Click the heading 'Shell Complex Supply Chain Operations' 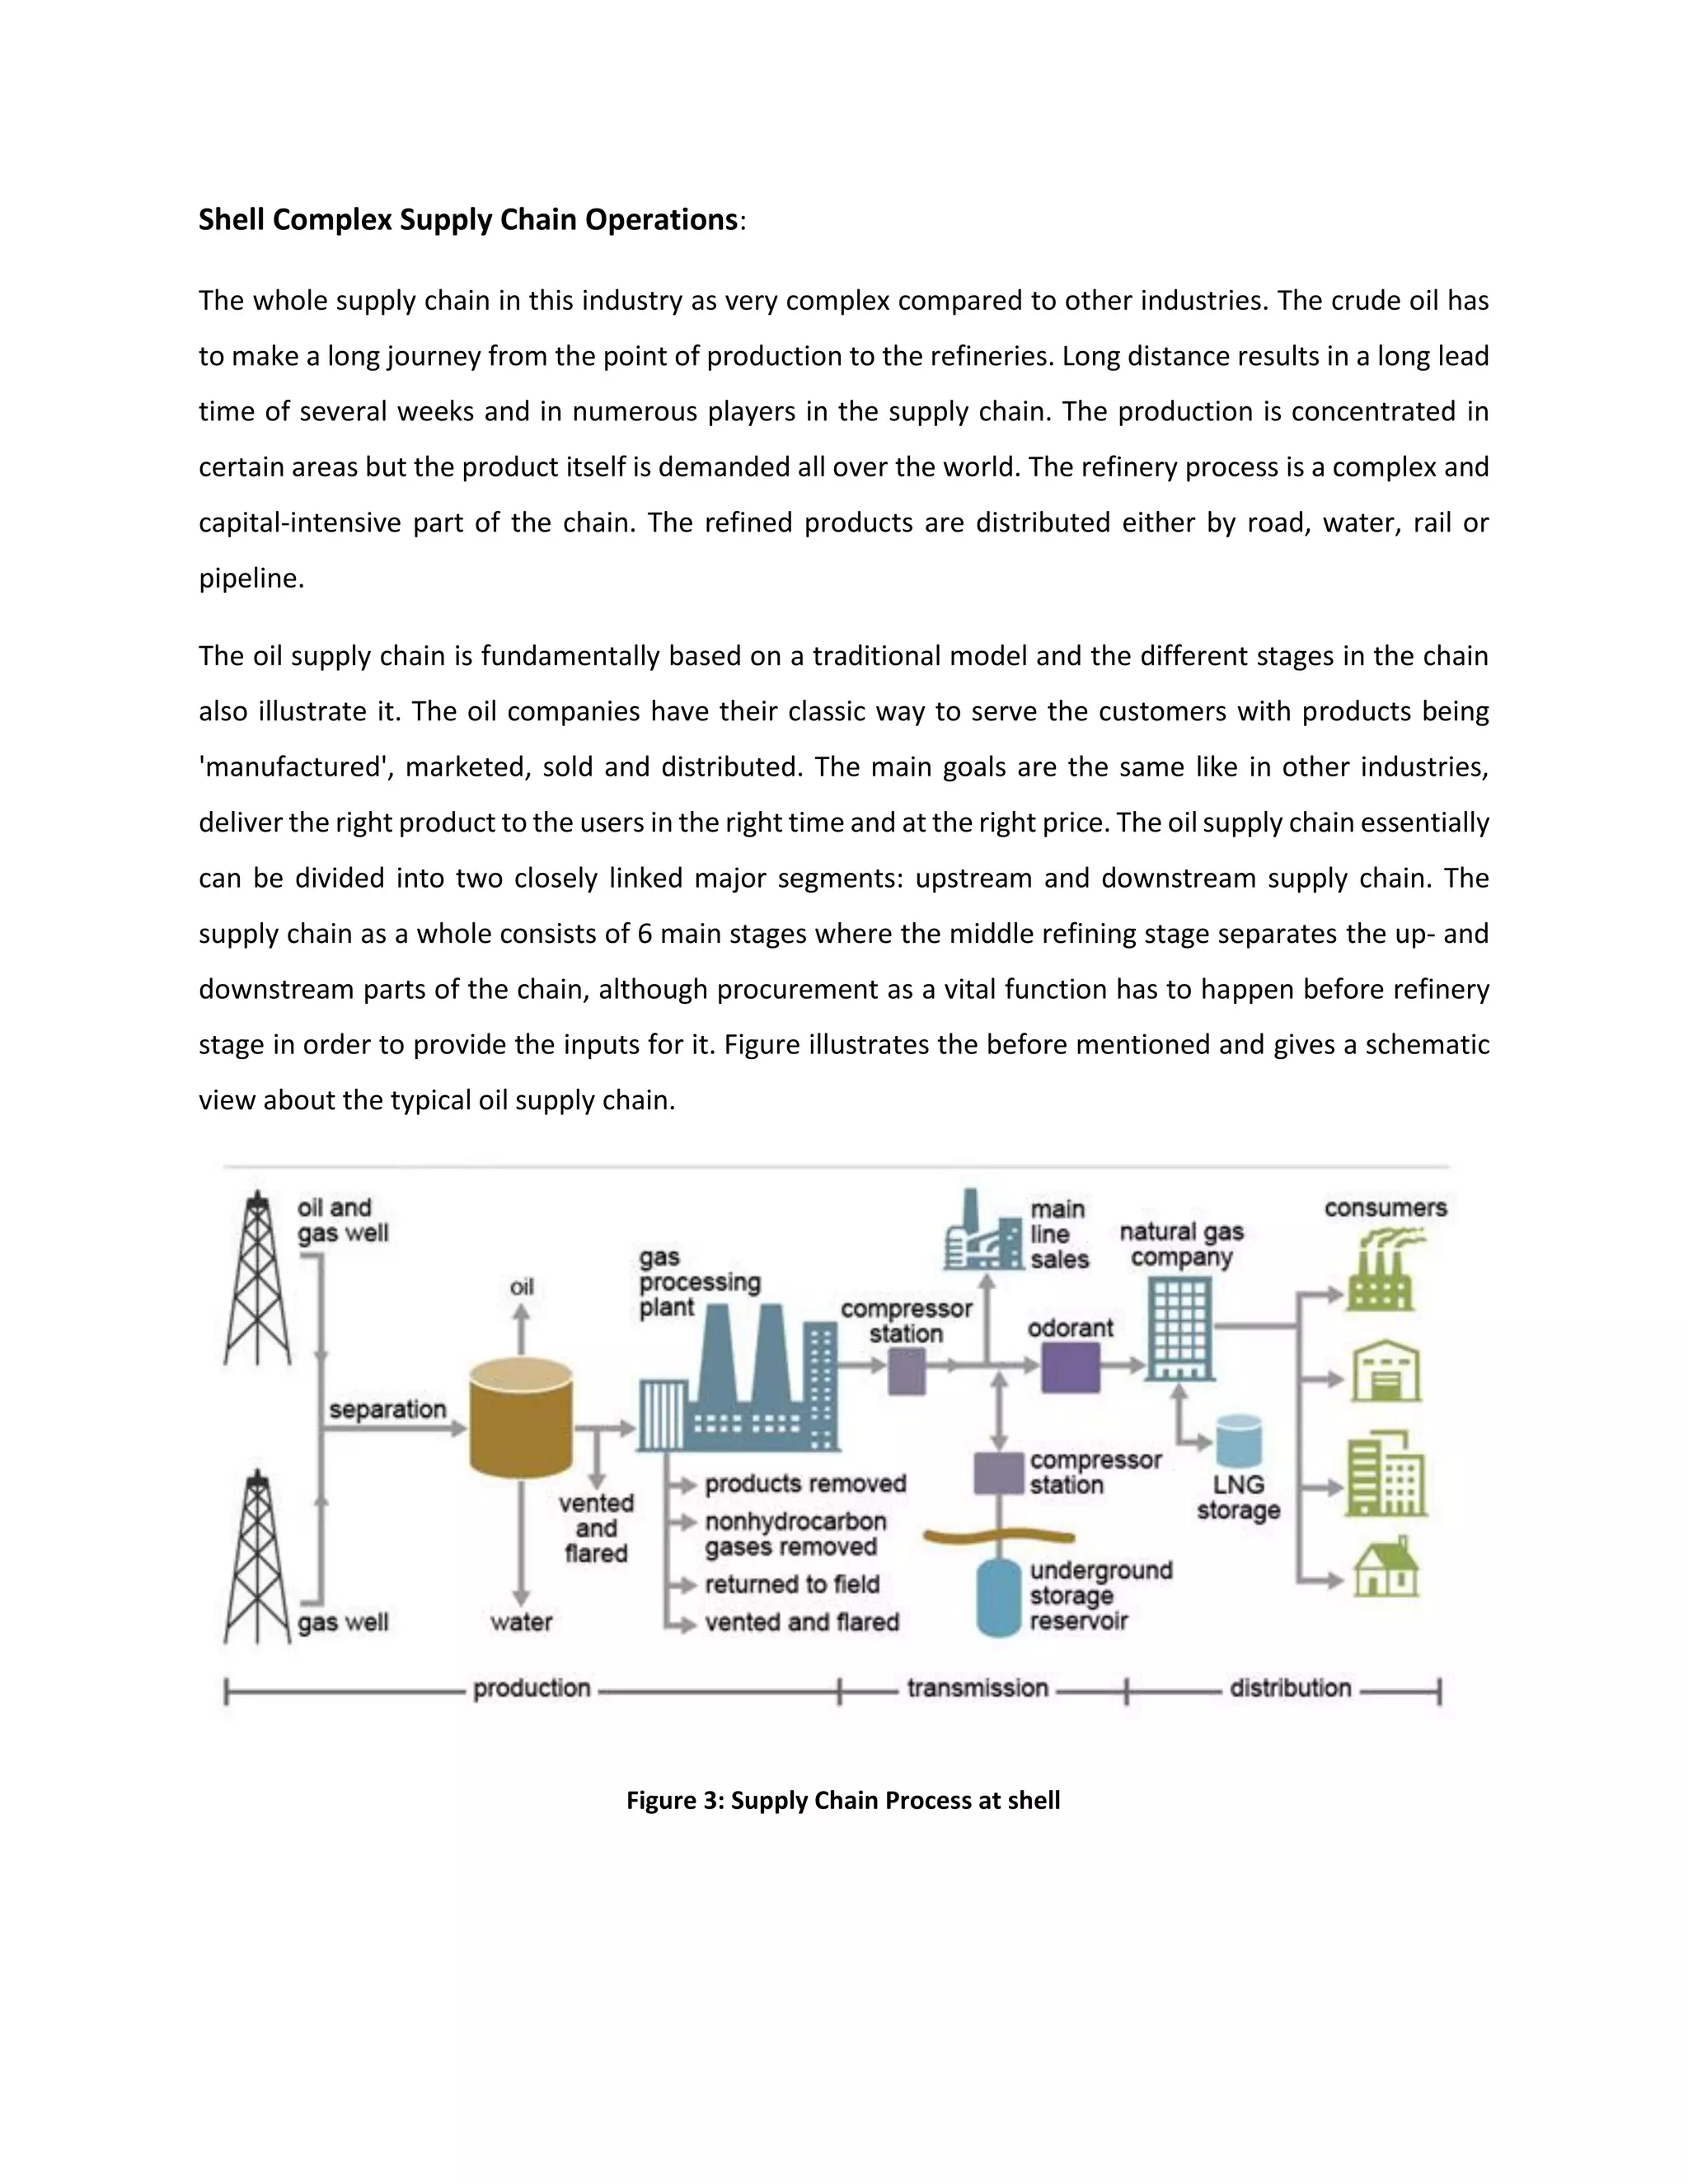[x=467, y=219]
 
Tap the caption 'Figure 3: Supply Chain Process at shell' [x=843, y=1800]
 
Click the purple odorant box [x=1070, y=1367]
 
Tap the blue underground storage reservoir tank [x=998, y=1598]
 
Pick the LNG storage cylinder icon [x=1239, y=1441]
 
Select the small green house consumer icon [x=1386, y=1569]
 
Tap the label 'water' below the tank [x=521, y=1622]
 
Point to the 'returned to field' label [x=792, y=1584]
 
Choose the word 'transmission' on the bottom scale [x=977, y=1688]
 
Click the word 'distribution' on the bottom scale [x=1290, y=1688]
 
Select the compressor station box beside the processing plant [x=907, y=1371]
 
